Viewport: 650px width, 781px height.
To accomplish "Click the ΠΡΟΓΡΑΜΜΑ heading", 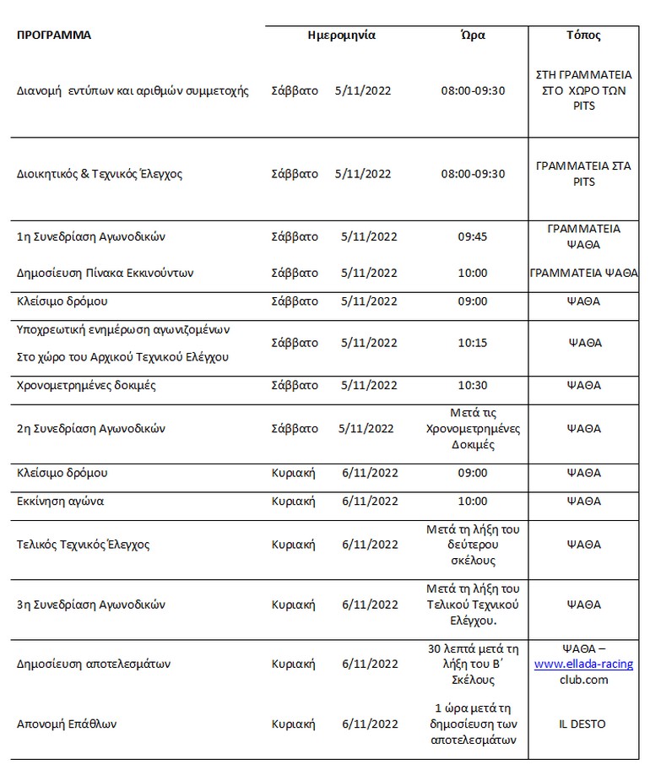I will point(54,35).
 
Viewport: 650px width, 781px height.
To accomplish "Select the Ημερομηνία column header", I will point(341,35).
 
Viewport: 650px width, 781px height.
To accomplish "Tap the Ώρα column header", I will point(473,35).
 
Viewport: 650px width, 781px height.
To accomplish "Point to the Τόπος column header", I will point(583,35).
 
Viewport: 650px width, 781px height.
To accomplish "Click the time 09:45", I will point(473,237).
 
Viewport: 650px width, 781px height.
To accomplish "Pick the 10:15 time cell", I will point(473,343).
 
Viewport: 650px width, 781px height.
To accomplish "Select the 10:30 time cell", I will point(473,385).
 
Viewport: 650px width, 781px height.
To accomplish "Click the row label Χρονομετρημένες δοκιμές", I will point(86,385).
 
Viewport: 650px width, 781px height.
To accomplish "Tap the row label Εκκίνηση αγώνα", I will point(60,502).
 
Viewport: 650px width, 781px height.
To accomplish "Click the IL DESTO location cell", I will point(583,724).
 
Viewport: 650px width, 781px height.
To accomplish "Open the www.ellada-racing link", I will point(583,664).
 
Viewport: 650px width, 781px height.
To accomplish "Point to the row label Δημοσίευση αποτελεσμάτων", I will point(94,664).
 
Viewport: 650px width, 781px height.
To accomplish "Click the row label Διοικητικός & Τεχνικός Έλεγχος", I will point(100,174).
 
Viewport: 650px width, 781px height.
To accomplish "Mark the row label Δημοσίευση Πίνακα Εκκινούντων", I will point(106,273).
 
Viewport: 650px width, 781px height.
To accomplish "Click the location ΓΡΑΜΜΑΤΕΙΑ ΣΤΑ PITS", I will point(583,174).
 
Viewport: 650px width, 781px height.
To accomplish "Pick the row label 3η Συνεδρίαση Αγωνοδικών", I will point(91,605).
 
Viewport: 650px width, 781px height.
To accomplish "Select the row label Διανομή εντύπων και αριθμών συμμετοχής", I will point(133,91).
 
